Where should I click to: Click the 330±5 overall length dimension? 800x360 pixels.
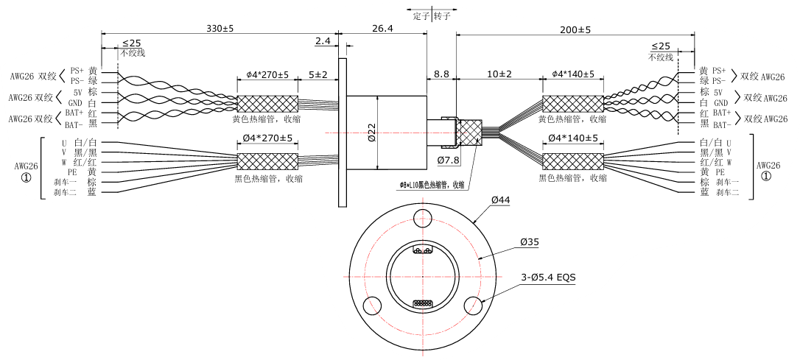pos(220,29)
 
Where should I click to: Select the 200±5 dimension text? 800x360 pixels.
pos(576,29)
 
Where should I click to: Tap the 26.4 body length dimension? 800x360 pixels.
pos(382,29)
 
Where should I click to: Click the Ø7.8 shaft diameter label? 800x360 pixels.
pos(449,160)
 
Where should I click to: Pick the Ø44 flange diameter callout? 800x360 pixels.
pos(502,200)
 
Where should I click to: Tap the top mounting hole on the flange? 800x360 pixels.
pos(423,216)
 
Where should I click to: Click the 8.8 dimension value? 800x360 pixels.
pos(441,74)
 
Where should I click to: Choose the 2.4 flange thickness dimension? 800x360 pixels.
pos(323,40)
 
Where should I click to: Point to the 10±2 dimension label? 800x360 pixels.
pos(498,74)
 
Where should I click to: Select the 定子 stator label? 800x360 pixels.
pos(421,15)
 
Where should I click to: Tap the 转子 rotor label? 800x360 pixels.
pos(442,15)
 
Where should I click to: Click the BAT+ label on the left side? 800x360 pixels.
pos(74,112)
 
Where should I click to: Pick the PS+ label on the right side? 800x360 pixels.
pos(720,71)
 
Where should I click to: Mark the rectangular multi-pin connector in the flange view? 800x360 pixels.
pos(423,303)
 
